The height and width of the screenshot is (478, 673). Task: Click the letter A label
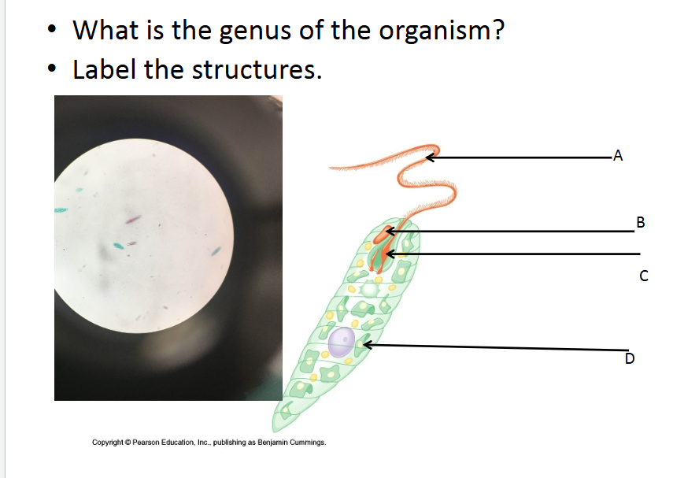617,155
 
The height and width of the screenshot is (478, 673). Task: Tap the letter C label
643,276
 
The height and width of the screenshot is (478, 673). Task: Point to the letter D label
629,360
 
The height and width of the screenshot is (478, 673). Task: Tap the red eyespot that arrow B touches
384,234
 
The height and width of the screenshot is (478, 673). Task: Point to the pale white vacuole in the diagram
370,290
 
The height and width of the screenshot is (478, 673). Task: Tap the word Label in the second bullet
104,69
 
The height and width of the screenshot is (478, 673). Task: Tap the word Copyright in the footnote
109,443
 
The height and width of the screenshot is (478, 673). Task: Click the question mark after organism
498,31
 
